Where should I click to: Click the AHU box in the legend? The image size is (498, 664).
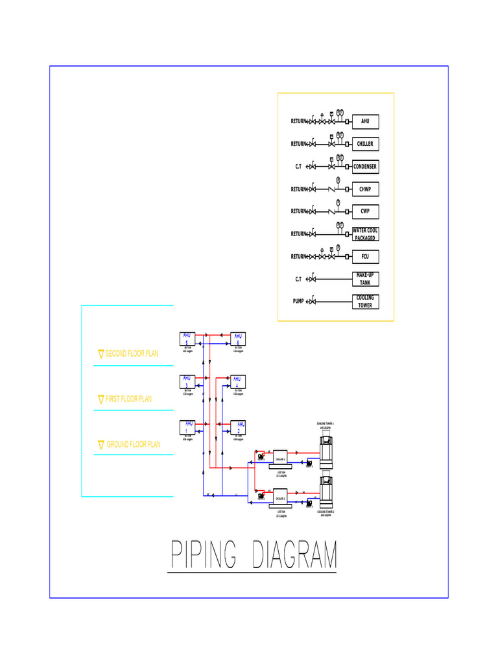(x=365, y=121)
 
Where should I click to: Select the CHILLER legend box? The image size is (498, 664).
(x=365, y=144)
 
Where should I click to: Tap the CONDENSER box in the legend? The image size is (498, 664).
(x=365, y=167)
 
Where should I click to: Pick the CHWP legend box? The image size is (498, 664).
(x=365, y=189)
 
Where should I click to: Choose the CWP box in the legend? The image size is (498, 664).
(x=365, y=211)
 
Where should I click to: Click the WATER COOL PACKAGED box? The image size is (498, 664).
(x=365, y=234)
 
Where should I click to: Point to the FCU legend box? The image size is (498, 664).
(x=365, y=257)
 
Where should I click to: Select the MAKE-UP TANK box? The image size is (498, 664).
(x=365, y=279)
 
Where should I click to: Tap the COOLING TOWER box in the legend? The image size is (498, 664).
(x=365, y=302)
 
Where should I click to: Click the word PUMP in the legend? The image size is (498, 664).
(x=298, y=302)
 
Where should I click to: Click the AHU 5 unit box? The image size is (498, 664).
(x=187, y=338)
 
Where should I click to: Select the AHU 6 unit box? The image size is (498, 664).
(x=238, y=338)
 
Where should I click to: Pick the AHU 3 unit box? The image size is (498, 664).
(x=187, y=381)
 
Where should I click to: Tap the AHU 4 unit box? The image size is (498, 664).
(x=238, y=381)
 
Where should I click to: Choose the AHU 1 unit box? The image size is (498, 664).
(x=187, y=427)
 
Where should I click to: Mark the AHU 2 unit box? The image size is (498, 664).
(x=238, y=427)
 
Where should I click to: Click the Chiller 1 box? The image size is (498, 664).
(x=281, y=458)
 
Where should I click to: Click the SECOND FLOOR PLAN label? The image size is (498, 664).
(x=132, y=354)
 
